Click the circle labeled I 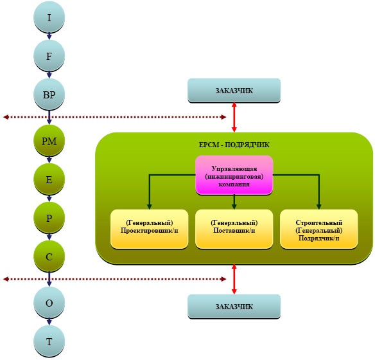[x=49, y=17]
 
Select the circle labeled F [x=49, y=56]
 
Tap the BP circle [x=49, y=94]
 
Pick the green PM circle [x=49, y=141]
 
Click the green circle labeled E [x=49, y=179]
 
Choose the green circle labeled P [x=49, y=218]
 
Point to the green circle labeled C [x=49, y=256]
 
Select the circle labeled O [x=49, y=303]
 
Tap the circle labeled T [x=49, y=341]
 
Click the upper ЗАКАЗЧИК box [x=234, y=91]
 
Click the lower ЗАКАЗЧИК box [x=234, y=307]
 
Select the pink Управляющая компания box [x=234, y=175]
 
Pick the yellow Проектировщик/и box [x=149, y=229]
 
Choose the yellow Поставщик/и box [x=234, y=229]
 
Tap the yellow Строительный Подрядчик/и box [x=318, y=229]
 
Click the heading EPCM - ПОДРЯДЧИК [x=234, y=145]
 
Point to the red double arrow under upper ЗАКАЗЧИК [x=234, y=117]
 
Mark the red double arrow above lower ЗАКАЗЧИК [x=234, y=279]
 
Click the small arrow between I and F [x=49, y=37]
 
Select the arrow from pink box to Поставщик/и [x=234, y=202]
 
